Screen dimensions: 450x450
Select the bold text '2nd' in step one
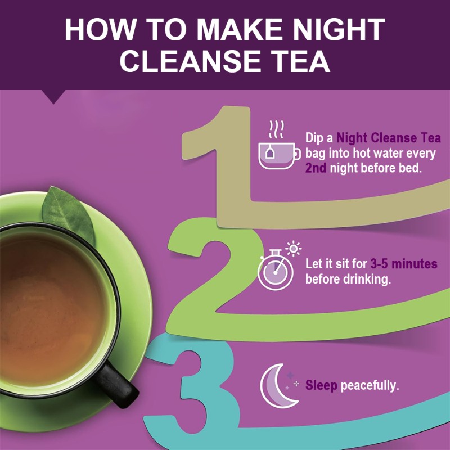pos(316,168)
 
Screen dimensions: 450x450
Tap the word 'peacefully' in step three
pos(370,386)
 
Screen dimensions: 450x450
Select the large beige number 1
pos(225,169)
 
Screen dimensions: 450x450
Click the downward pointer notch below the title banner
pos(55,97)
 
